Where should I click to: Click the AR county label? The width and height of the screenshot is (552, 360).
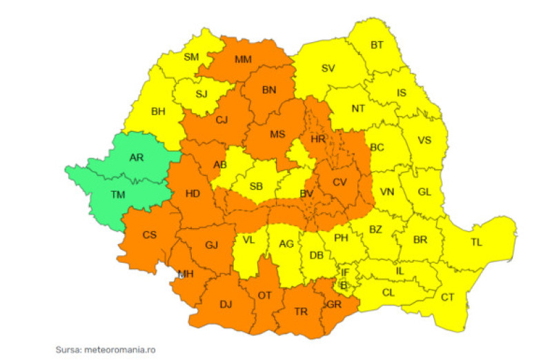pyautogui.click(x=137, y=157)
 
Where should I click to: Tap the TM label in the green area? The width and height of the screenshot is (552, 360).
pyautogui.click(x=119, y=195)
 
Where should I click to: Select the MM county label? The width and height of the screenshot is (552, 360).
pyautogui.click(x=243, y=59)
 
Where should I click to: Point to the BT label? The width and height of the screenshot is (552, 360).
pyautogui.click(x=377, y=46)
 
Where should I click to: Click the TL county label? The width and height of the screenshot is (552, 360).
pyautogui.click(x=476, y=243)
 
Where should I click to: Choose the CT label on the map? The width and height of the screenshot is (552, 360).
pyautogui.click(x=448, y=297)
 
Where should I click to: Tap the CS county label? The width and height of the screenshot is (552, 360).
pyautogui.click(x=150, y=234)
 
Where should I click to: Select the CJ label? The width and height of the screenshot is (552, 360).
pyautogui.click(x=221, y=120)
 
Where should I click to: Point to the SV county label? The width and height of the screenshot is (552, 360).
pyautogui.click(x=328, y=68)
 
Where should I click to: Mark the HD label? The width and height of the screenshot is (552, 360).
pyautogui.click(x=193, y=194)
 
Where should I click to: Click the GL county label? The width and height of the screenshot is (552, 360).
pyautogui.click(x=424, y=193)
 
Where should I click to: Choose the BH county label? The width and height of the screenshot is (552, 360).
pyautogui.click(x=159, y=110)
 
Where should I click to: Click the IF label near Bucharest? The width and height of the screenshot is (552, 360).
pyautogui.click(x=345, y=272)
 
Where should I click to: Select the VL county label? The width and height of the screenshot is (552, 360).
pyautogui.click(x=248, y=241)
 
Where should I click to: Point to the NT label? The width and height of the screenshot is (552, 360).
pyautogui.click(x=358, y=109)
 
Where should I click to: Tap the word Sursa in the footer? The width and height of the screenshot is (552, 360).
pyautogui.click(x=68, y=350)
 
